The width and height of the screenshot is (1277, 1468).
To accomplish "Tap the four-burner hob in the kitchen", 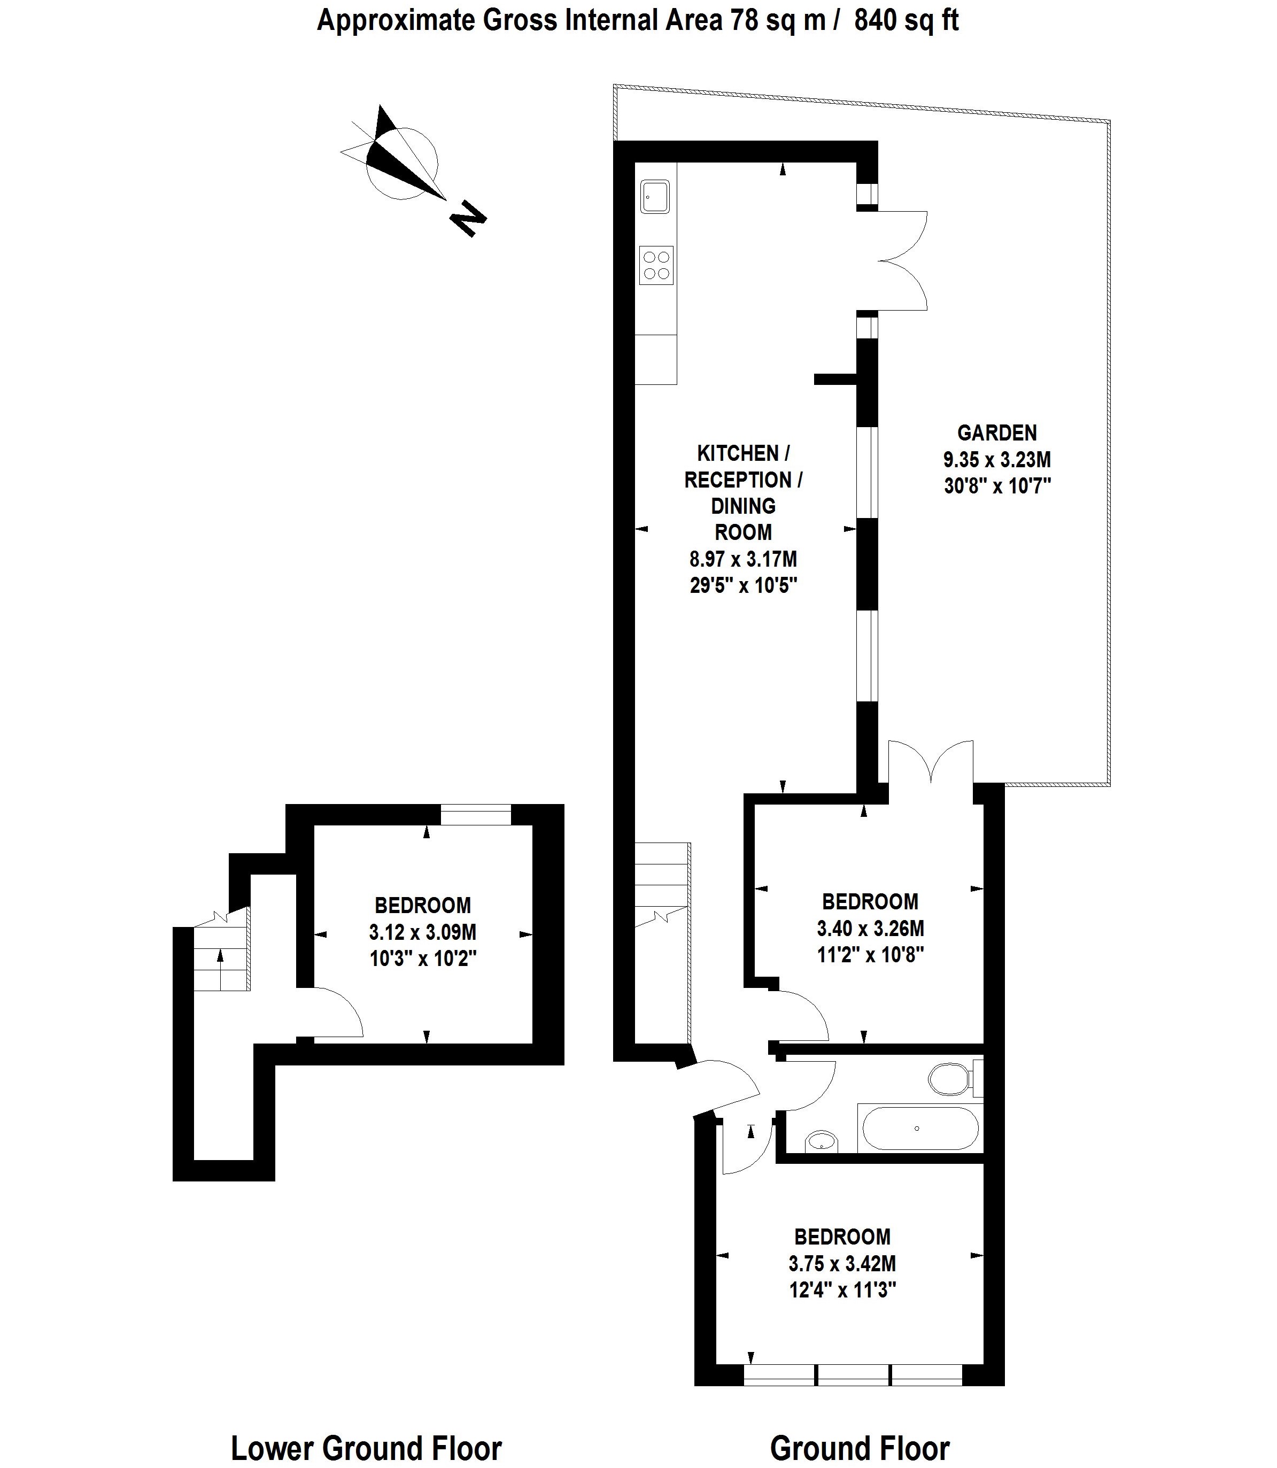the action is point(656,265).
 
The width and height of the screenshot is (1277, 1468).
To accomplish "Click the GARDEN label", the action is point(997,432).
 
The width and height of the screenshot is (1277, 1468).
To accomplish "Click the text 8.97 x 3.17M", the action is point(743,559).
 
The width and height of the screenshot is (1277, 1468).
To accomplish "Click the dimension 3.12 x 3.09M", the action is point(423,931).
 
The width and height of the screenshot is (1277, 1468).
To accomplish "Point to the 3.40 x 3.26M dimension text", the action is point(870,929).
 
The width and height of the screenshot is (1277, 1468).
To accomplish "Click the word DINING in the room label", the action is point(743,506).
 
